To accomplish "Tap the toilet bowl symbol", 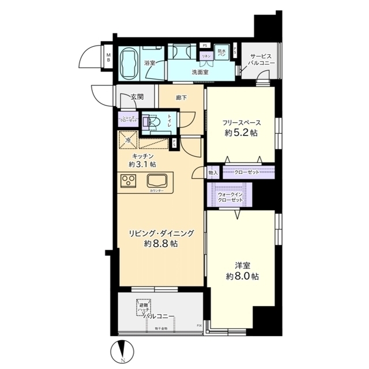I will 153,122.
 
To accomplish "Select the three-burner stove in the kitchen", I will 129,180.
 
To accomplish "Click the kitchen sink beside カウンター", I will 156,179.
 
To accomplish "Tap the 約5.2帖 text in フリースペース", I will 241,133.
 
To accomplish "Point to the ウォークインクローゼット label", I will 230,197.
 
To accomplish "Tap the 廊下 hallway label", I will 181,98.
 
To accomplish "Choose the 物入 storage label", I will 212,172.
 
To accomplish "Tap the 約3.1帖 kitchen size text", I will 142,164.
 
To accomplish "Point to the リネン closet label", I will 205,56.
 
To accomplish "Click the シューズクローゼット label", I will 127,120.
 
